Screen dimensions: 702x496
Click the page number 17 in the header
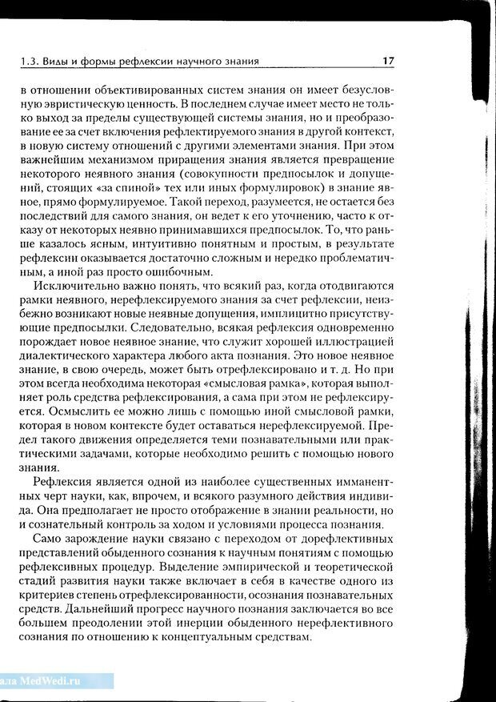pos(388,61)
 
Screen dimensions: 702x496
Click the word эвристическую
pos(74,105)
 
